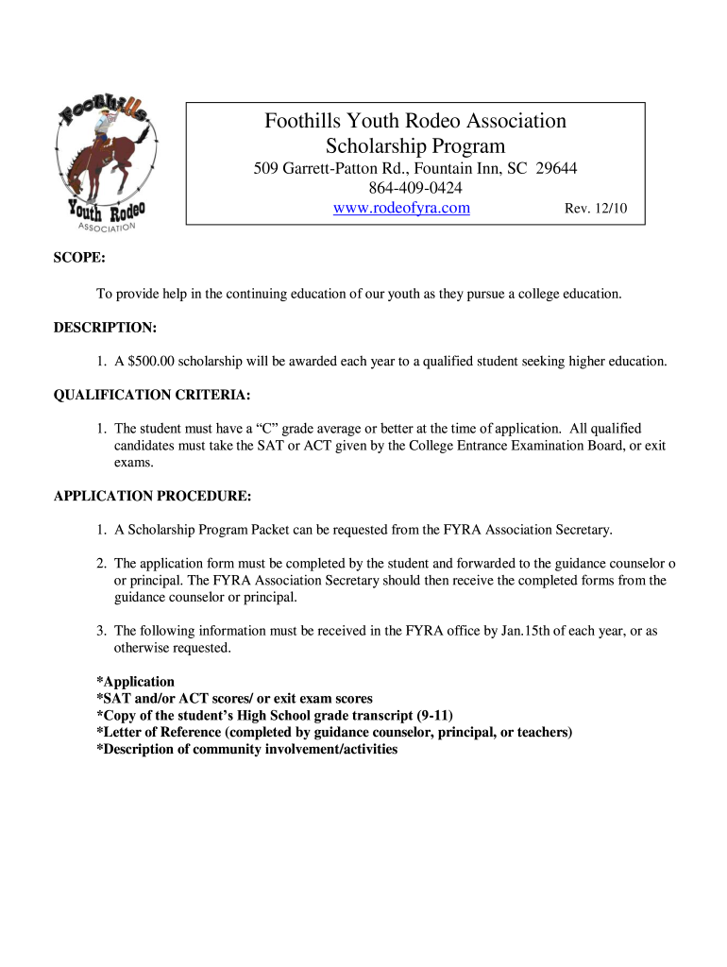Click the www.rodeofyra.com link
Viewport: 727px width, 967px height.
pos(401,209)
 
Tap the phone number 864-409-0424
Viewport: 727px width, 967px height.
pos(415,188)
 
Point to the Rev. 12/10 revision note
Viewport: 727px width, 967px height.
pos(595,210)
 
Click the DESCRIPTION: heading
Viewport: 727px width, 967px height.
pos(105,327)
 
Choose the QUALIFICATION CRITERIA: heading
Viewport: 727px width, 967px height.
pos(152,395)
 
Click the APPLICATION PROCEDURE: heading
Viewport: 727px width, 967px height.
pos(152,496)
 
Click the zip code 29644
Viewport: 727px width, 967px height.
pos(557,168)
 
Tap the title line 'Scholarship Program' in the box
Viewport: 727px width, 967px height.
pos(415,146)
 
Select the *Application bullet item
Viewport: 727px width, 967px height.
pos(135,682)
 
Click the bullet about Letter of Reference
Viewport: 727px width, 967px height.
pos(334,732)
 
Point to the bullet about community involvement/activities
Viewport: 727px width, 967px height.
pos(246,749)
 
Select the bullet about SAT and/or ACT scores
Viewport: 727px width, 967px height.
pos(234,699)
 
